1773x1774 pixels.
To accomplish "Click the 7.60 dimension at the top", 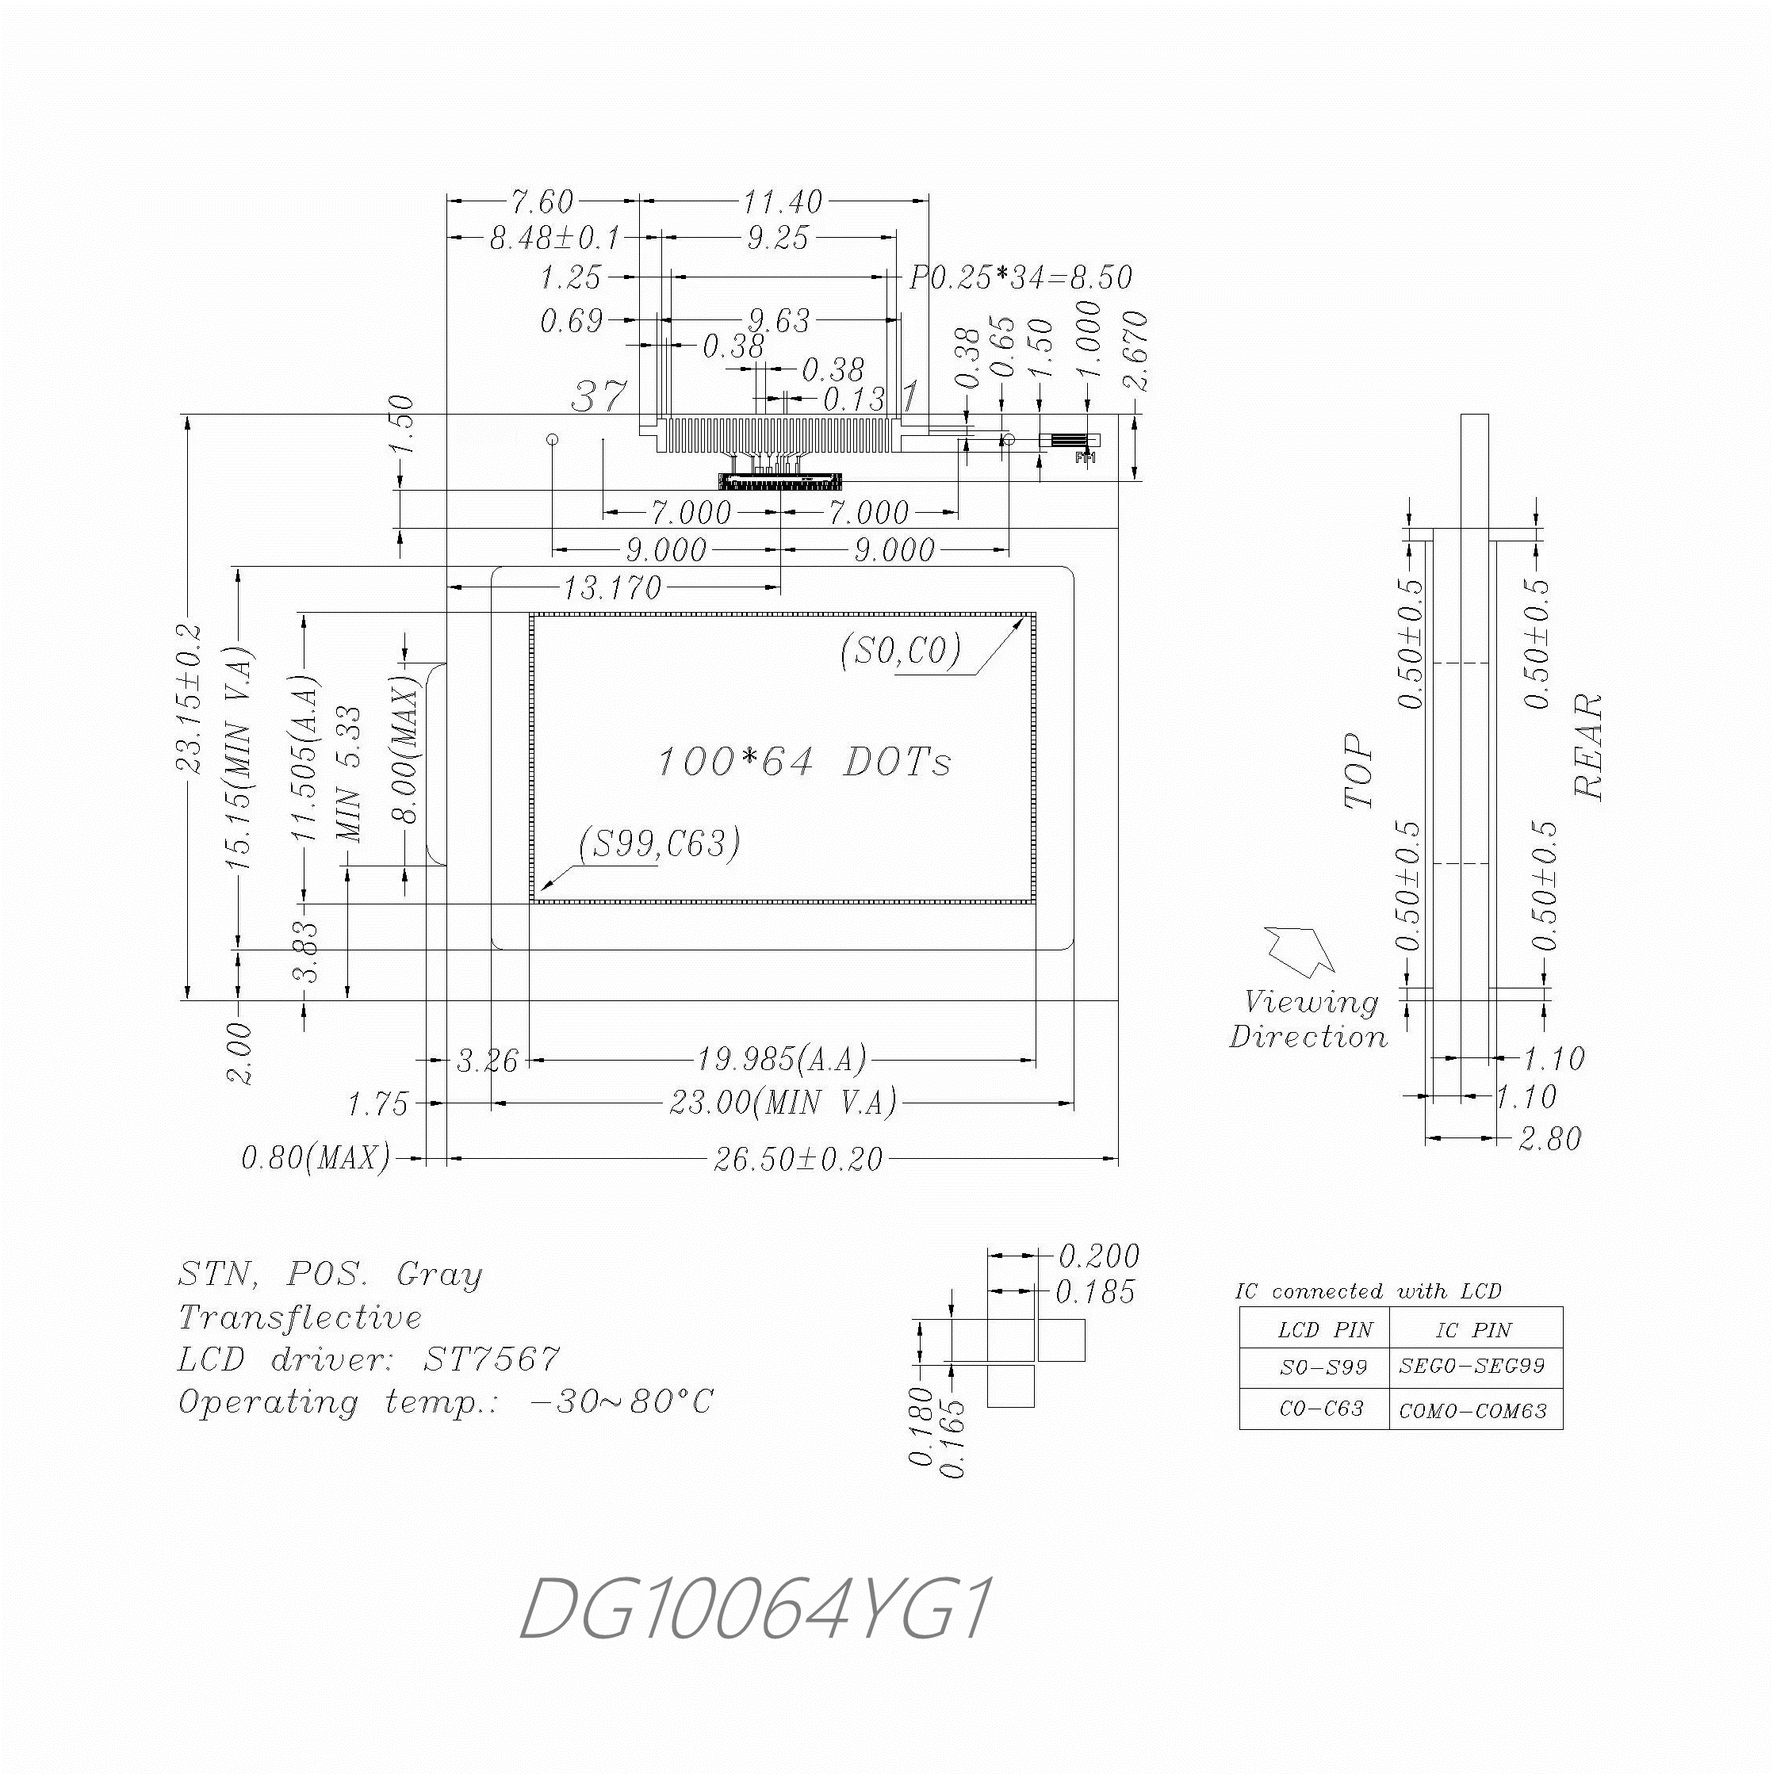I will (542, 201).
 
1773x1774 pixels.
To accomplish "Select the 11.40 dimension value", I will (782, 201).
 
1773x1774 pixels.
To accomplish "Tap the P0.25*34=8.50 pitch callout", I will (1020, 277).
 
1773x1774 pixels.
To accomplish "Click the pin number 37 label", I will (599, 396).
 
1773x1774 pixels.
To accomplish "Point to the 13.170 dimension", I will (612, 587).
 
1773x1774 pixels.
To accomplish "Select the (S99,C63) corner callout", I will (660, 843).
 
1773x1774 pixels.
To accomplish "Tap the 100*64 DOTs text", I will (804, 762).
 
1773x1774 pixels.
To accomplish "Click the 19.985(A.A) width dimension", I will (781, 1060).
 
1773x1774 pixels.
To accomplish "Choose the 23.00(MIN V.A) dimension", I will (782, 1102).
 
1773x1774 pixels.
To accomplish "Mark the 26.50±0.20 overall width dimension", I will (798, 1159).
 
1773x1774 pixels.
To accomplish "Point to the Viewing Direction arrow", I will (1300, 951).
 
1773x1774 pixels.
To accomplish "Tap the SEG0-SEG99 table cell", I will (1472, 1367).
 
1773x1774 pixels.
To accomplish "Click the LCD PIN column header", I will (1325, 1329).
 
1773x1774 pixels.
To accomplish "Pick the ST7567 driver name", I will (491, 1359).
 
